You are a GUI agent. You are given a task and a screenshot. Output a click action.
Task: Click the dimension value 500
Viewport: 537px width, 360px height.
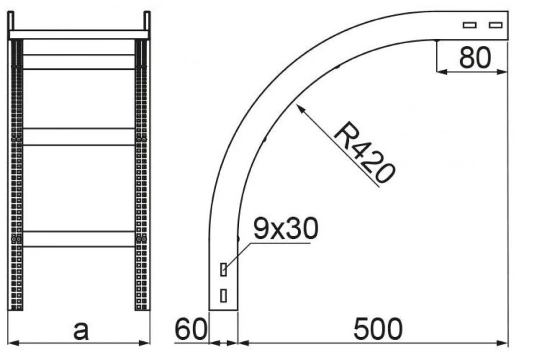tap(378, 329)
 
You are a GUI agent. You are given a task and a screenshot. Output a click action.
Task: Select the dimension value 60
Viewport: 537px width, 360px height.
tap(191, 329)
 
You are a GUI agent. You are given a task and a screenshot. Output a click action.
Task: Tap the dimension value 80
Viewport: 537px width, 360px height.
tap(475, 58)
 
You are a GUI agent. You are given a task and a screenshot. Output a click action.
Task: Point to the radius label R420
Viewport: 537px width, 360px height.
tap(364, 153)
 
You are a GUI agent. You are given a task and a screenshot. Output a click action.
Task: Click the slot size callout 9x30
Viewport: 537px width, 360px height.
tap(286, 228)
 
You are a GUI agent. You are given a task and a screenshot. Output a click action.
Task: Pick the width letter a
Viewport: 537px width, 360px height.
tap(81, 331)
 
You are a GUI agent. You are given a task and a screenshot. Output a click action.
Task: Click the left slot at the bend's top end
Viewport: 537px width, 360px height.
tap(469, 25)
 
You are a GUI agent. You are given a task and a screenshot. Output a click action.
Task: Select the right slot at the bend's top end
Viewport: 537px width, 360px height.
tap(495, 25)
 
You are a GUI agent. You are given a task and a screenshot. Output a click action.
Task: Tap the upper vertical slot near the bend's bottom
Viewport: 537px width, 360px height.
tap(223, 269)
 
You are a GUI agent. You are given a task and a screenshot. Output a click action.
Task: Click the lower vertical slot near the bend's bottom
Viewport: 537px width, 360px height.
tap(223, 295)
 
